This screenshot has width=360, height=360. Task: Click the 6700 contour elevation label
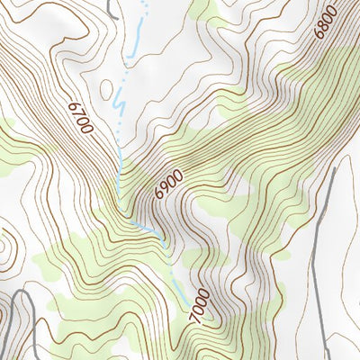[x=78, y=117]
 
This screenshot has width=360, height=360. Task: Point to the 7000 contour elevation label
[x=201, y=306]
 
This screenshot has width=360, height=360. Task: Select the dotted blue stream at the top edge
[x=145, y=7]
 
